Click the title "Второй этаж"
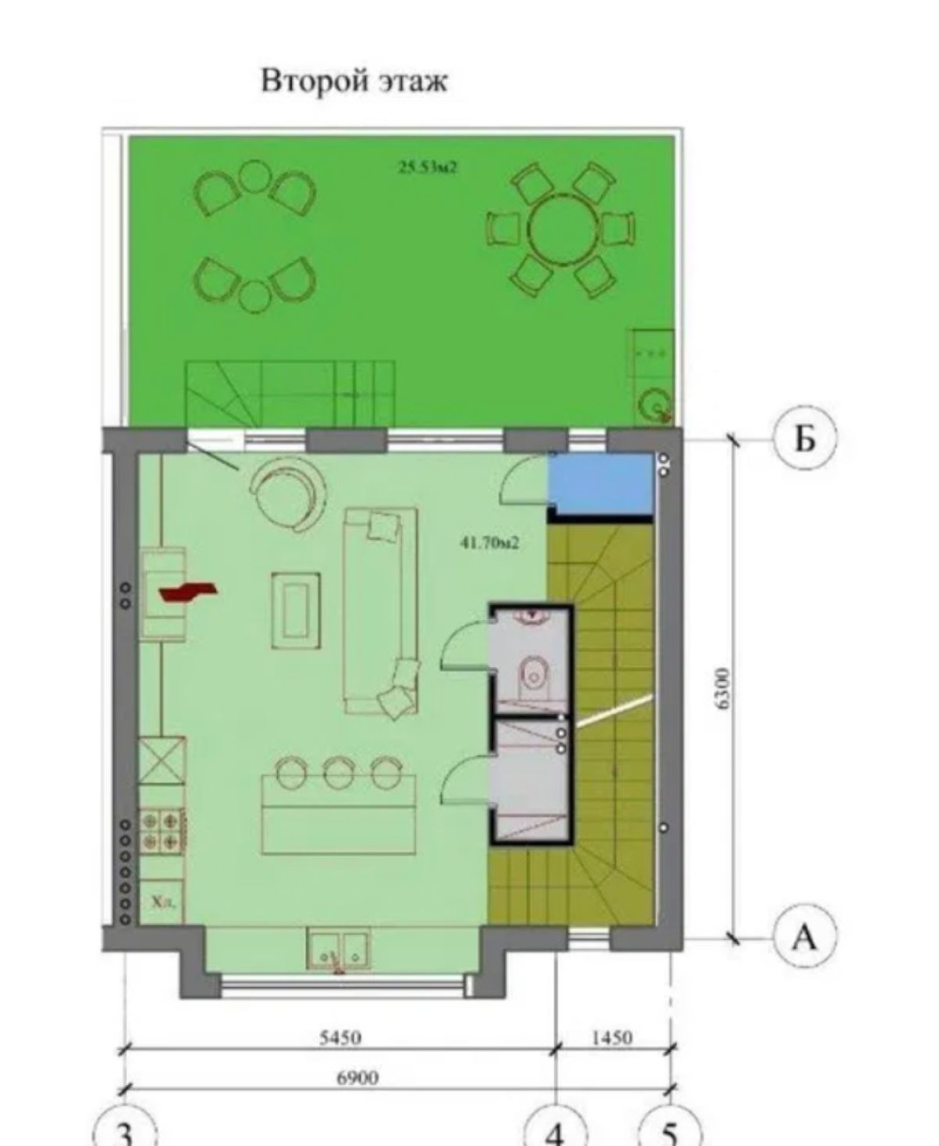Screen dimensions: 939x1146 pos(354,81)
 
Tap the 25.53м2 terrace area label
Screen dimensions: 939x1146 pos(428,167)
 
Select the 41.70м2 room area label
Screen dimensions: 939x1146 pos(489,543)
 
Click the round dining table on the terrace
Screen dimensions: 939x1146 pos(562,230)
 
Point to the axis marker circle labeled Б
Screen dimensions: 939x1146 pos(805,438)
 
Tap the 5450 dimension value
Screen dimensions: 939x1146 pos(340,1038)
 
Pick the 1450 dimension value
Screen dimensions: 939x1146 pos(612,1038)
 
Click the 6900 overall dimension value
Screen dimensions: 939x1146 pos(358,1078)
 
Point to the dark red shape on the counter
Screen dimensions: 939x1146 pos(189,591)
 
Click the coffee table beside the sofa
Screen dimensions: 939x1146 pos(296,611)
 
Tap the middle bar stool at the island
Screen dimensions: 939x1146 pos(339,772)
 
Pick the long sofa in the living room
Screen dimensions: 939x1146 pos(381,612)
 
